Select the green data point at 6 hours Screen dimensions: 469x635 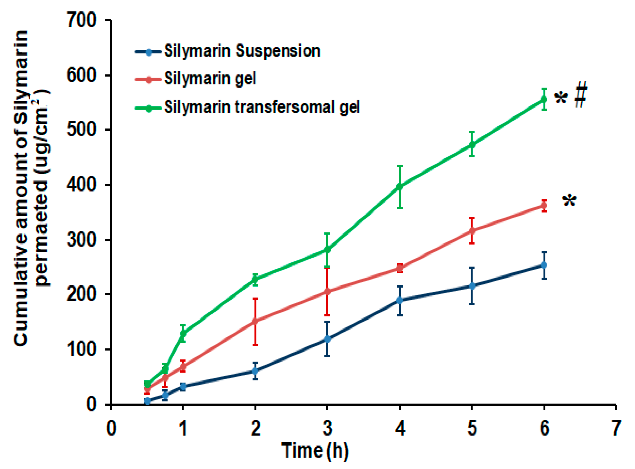pos(544,99)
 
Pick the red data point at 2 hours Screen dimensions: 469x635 pos(255,321)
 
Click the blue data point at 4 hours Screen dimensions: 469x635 pos(400,300)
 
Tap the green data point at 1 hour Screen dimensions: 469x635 pos(183,333)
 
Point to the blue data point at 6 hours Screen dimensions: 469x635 pos(544,265)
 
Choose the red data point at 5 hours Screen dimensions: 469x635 pos(472,230)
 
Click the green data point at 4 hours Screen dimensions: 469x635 pos(400,187)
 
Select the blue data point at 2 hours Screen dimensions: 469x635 pos(255,371)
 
